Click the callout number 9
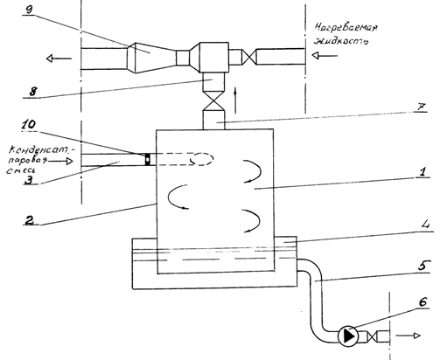click(30, 9)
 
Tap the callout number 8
click(32, 92)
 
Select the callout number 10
click(29, 125)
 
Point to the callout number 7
click(421, 107)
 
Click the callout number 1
click(423, 172)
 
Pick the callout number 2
click(29, 220)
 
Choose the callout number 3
click(29, 180)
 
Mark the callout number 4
click(425, 225)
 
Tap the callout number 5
click(423, 266)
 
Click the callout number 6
click(423, 302)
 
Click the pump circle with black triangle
click(347, 336)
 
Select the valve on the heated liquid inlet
click(248, 57)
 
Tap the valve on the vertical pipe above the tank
click(213, 101)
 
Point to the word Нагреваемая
click(346, 29)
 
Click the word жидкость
click(340, 40)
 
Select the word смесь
click(19, 170)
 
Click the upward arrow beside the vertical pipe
click(235, 100)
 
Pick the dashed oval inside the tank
click(201, 159)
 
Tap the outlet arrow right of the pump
click(408, 336)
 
